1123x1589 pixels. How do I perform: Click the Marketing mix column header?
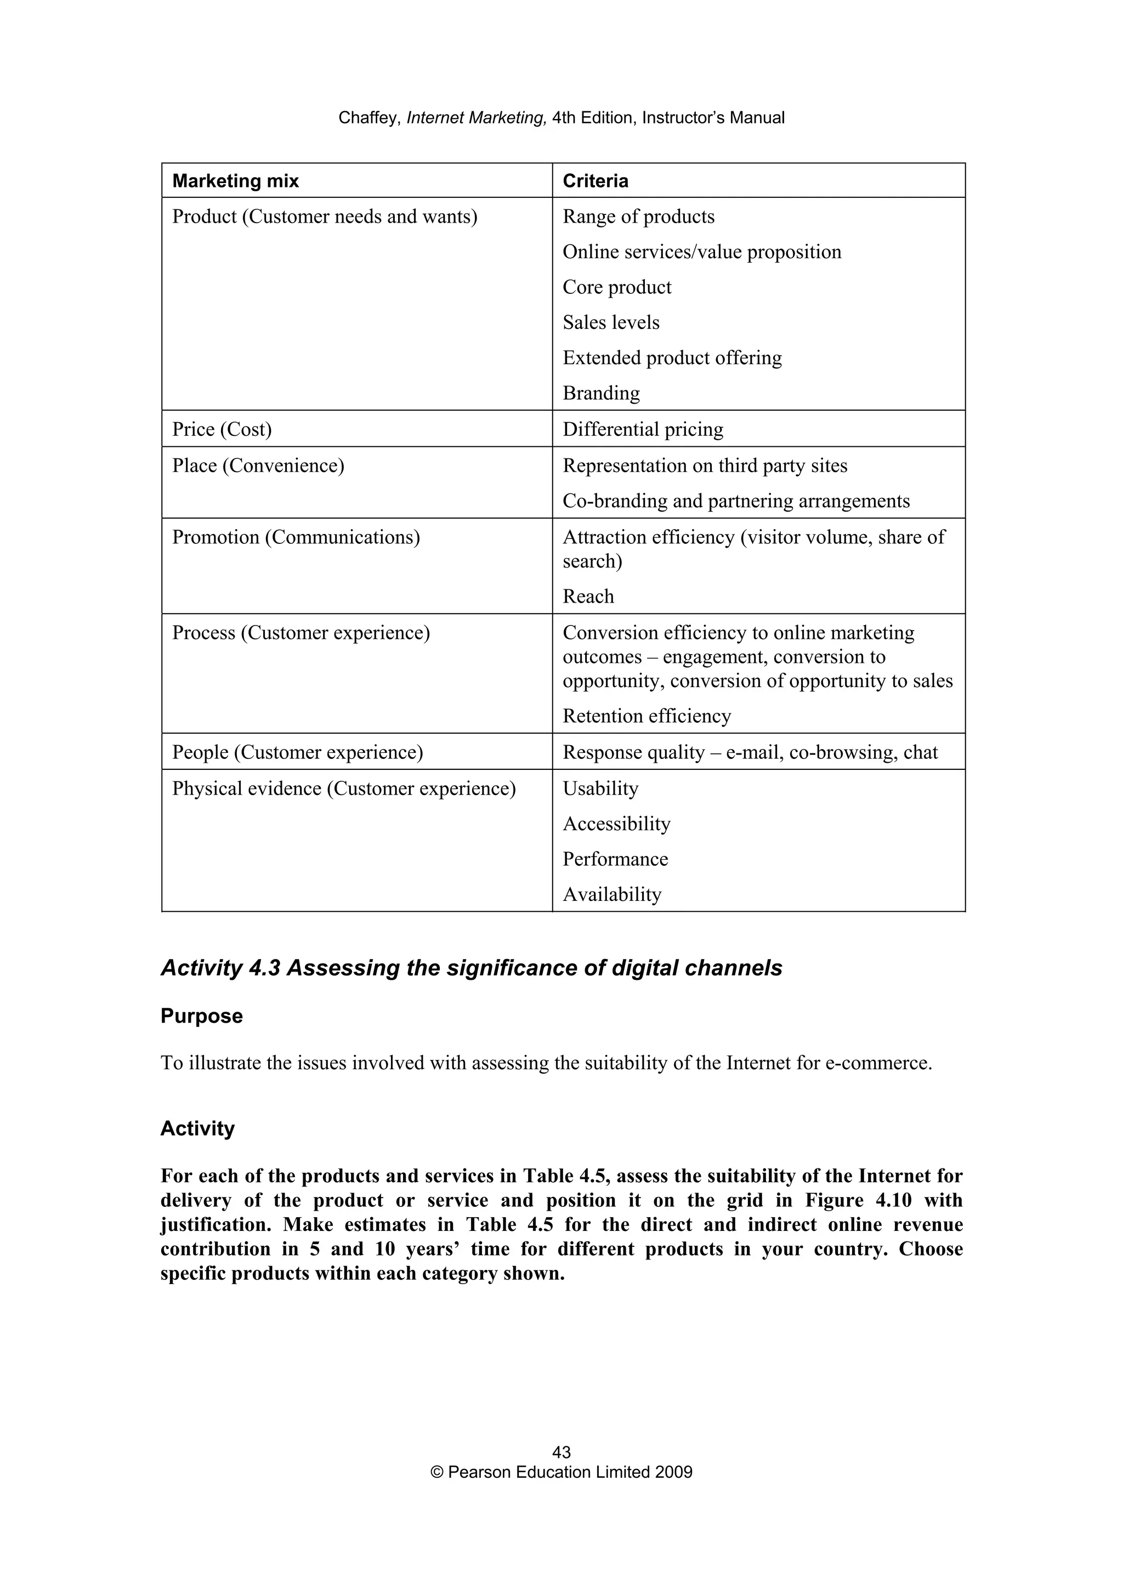click(235, 181)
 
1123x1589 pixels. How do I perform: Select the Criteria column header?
click(595, 181)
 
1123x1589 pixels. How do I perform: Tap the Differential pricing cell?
click(643, 429)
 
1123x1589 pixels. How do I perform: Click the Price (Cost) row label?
click(222, 429)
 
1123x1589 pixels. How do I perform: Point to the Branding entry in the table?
click(600, 393)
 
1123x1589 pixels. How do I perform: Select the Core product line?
click(616, 287)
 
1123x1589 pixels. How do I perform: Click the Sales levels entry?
click(611, 322)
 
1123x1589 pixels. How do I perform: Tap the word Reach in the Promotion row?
click(588, 597)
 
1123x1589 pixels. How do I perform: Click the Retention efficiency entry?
click(646, 716)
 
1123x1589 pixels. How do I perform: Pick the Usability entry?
click(600, 789)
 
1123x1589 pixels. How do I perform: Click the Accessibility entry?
click(616, 824)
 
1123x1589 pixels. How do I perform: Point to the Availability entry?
click(611, 895)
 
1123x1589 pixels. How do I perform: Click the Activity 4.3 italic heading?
click(470, 968)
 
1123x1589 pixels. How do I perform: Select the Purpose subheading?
click(201, 1016)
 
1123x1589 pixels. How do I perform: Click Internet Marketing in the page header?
click(477, 118)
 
